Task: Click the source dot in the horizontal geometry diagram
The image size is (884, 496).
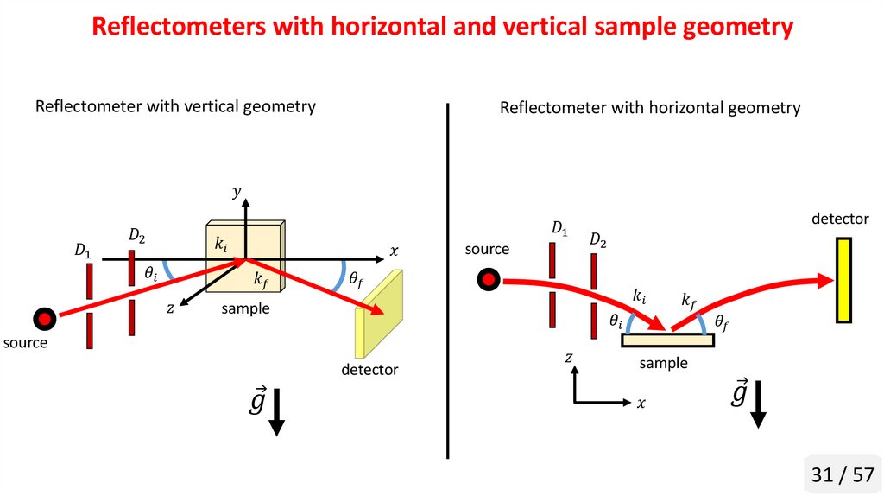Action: [x=489, y=279]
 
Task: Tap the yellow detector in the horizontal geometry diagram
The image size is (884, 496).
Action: [x=843, y=280]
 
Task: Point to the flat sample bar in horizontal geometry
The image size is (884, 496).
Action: [x=667, y=340]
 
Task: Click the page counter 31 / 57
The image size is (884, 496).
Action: [x=843, y=474]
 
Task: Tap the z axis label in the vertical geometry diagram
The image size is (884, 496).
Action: [x=171, y=308]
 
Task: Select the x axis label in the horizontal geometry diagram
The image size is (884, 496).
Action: [x=641, y=404]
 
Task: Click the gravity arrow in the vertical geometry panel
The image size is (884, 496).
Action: [x=277, y=412]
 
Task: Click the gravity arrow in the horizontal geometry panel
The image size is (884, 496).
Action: [x=759, y=404]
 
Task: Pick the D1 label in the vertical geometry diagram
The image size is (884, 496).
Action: [x=82, y=251]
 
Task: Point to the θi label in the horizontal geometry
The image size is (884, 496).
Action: [x=616, y=321]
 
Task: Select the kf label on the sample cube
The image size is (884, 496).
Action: [x=262, y=279]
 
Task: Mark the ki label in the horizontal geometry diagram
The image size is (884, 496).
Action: [x=639, y=296]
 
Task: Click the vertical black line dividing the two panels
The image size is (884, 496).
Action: [x=448, y=281]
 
